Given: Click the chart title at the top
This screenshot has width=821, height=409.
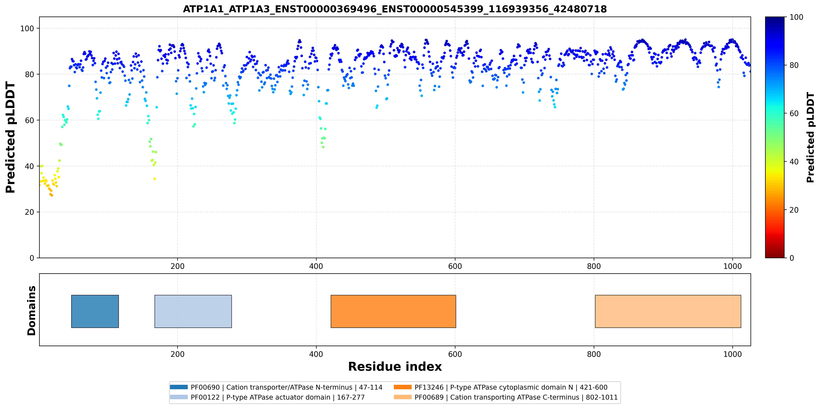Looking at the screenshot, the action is [x=395, y=9].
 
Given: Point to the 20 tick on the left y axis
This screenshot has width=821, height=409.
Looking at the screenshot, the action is [x=29, y=212].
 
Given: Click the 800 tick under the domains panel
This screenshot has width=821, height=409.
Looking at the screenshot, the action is [x=594, y=354].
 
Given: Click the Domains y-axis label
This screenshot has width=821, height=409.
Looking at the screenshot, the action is [x=32, y=311].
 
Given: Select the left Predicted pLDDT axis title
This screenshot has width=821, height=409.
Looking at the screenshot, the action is [x=11, y=137].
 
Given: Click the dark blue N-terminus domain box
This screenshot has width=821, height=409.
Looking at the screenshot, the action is [x=95, y=311].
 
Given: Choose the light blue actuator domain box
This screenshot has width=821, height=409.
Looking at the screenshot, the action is [x=193, y=311].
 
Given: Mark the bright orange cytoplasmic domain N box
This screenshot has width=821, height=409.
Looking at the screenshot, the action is [x=393, y=311].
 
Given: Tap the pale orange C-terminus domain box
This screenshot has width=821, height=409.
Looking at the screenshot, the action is [x=668, y=311].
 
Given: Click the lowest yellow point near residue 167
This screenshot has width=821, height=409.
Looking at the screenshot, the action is [x=155, y=179].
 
